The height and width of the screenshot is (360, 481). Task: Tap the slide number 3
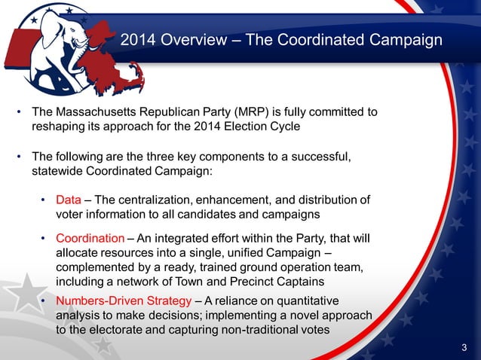(464, 346)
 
